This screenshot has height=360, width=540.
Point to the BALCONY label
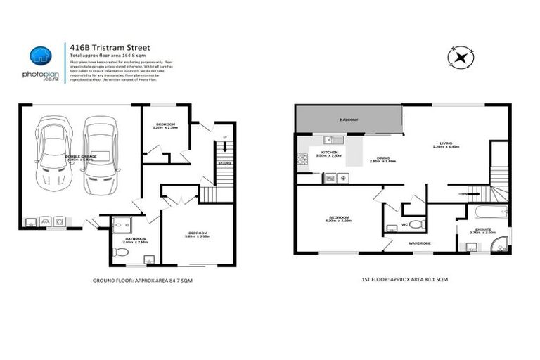[349, 120]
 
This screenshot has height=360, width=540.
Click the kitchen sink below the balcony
[331, 139]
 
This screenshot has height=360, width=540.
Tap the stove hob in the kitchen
[303, 162]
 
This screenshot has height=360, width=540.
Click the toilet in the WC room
[416, 225]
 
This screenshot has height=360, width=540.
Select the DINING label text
[383, 157]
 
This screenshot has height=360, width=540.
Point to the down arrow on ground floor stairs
[224, 148]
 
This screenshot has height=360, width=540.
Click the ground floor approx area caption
[142, 280]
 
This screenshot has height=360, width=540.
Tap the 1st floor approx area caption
[404, 280]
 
